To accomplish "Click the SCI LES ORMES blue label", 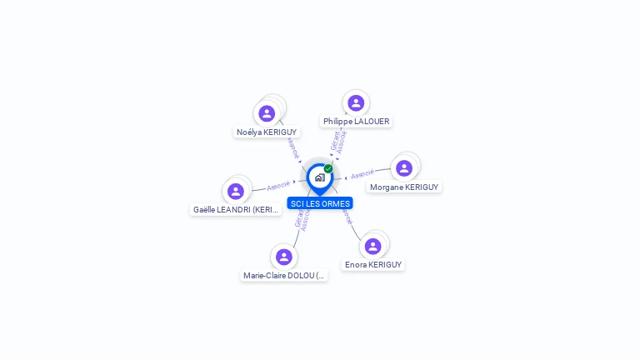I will tap(320, 203).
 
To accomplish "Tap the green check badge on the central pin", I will tap(328, 169).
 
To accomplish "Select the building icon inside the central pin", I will tap(319, 177).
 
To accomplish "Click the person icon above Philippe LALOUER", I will tap(356, 103).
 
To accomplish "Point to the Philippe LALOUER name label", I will tap(356, 122).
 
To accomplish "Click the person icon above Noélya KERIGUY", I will tap(267, 113).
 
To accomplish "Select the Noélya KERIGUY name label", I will tap(267, 132).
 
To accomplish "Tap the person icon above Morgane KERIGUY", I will tap(404, 168).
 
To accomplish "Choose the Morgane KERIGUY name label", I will tap(404, 187).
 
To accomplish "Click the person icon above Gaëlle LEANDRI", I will tap(236, 192).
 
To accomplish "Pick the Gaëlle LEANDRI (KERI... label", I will tap(236, 210).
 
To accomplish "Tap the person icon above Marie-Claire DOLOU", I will tap(283, 257).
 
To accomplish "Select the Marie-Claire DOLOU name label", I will tap(283, 276).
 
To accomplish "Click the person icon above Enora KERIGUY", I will tap(372, 246).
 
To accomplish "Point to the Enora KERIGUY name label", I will tap(373, 265).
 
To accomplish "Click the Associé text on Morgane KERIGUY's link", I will tap(362, 175).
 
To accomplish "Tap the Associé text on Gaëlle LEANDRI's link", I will tap(278, 186).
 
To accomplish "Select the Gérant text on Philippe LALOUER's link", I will tap(334, 140).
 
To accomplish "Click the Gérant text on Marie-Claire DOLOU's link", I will tap(298, 218).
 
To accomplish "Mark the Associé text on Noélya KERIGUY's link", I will tap(293, 148).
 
